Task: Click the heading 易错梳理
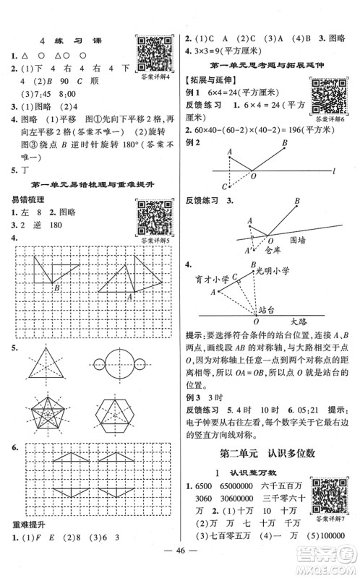click(27, 198)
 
